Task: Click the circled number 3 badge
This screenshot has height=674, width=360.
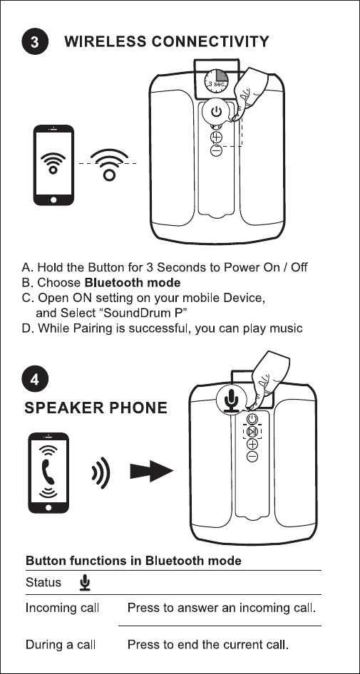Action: click(35, 42)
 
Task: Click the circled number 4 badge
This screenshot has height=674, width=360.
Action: click(35, 380)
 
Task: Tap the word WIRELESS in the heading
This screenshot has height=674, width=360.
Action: click(106, 42)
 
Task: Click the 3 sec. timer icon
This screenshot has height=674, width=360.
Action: click(215, 81)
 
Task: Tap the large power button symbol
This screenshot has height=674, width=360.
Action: click(216, 112)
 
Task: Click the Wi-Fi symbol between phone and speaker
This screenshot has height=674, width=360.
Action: click(109, 165)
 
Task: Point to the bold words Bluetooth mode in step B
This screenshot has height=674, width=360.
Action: click(133, 283)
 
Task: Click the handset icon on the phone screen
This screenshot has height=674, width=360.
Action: click(48, 472)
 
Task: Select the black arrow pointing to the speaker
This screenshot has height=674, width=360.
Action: click(151, 471)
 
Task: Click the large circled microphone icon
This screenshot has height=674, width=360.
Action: click(232, 399)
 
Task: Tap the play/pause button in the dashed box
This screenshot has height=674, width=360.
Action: click(252, 432)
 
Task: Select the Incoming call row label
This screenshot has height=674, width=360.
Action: click(62, 608)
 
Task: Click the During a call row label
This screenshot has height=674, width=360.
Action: click(61, 645)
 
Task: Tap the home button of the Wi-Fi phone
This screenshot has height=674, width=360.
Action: click(53, 199)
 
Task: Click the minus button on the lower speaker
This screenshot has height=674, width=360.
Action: click(252, 457)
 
